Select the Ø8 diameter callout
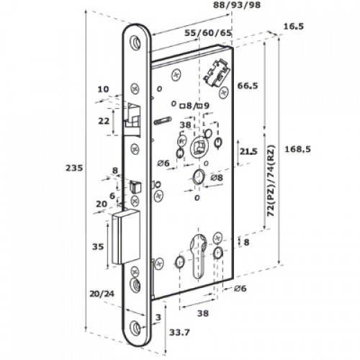tap(216, 177)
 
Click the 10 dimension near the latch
tap(102, 90)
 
